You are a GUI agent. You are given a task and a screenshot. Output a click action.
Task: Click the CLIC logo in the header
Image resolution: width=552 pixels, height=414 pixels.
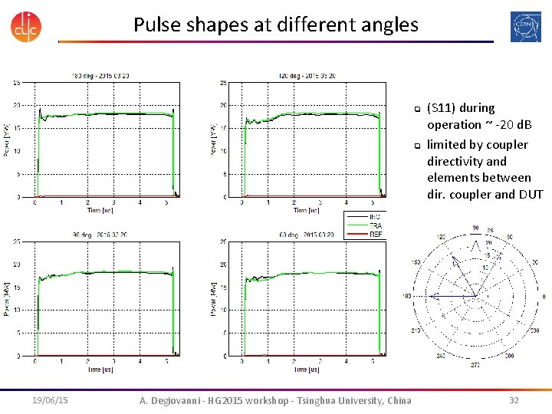click(x=22, y=26)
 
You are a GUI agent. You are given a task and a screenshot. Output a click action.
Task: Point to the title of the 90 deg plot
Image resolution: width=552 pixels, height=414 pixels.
click(x=100, y=235)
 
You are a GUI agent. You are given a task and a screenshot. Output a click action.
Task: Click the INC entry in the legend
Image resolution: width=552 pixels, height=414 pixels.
click(x=374, y=217)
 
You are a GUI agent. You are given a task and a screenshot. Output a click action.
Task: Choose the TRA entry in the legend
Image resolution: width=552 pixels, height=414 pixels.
click(x=374, y=225)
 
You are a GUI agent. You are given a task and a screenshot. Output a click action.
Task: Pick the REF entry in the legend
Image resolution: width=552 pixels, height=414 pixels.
click(x=374, y=234)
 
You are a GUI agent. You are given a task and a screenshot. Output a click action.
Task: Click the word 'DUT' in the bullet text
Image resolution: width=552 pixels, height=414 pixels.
click(x=530, y=194)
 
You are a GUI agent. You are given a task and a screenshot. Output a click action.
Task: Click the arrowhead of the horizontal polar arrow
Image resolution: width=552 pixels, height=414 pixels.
click(x=428, y=296)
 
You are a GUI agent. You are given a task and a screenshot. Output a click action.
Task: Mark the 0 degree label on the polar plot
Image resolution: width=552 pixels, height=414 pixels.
click(x=543, y=296)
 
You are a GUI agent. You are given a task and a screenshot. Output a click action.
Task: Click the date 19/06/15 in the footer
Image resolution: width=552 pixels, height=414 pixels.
click(x=51, y=400)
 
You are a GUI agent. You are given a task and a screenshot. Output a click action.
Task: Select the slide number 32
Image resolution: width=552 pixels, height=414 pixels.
click(x=514, y=400)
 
